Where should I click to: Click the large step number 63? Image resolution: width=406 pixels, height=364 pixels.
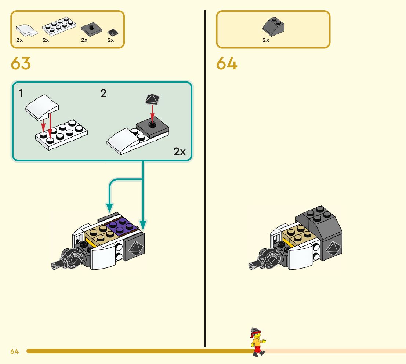tap(21, 63)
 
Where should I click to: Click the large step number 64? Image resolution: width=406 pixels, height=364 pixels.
tap(227, 63)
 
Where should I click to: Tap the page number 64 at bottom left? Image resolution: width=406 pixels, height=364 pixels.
tap(15, 352)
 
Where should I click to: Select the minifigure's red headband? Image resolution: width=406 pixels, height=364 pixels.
tap(255, 332)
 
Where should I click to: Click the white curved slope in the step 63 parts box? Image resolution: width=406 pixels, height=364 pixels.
tap(27, 30)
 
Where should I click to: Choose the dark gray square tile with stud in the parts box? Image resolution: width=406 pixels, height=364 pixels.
tap(91, 28)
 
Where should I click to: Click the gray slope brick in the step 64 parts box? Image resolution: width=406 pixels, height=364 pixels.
tap(274, 25)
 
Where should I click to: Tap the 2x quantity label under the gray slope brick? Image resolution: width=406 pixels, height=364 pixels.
tap(266, 40)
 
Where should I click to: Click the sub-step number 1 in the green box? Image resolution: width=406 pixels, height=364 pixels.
tap(21, 94)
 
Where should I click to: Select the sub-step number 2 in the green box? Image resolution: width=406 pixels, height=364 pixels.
tap(104, 94)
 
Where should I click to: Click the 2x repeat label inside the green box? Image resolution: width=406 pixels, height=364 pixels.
tap(180, 152)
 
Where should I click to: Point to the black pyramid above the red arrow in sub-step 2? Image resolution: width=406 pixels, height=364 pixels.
tap(152, 99)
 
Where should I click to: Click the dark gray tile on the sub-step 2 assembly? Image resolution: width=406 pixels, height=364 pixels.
tap(153, 127)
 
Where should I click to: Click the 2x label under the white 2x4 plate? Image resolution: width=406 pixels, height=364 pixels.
tap(46, 40)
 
